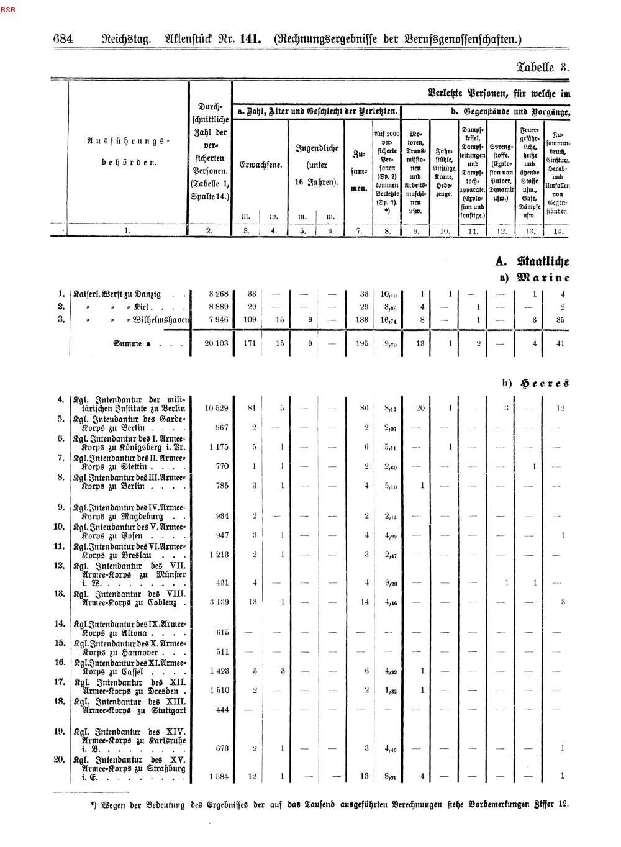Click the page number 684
click(x=63, y=39)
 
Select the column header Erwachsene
click(x=260, y=165)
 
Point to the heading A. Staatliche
click(x=533, y=262)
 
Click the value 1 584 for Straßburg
click(x=219, y=776)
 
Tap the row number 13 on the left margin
click(x=60, y=593)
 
